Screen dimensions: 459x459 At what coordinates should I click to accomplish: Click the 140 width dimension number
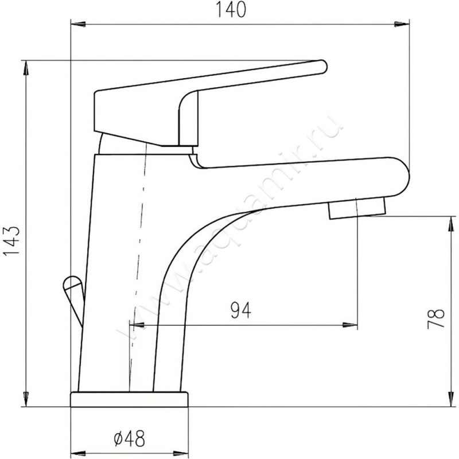click(231, 10)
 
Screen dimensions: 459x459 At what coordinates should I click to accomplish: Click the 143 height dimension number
click(11, 240)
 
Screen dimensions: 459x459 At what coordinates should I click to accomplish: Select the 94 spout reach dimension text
click(240, 310)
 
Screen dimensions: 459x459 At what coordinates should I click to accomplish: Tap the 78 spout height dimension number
click(436, 319)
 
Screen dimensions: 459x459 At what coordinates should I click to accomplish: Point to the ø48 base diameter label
click(130, 438)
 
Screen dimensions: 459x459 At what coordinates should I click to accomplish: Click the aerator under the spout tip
click(357, 208)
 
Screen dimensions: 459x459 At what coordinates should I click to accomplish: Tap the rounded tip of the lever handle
click(322, 67)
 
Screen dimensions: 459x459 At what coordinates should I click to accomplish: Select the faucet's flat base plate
click(129, 399)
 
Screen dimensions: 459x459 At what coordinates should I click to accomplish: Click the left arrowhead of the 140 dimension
click(78, 24)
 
